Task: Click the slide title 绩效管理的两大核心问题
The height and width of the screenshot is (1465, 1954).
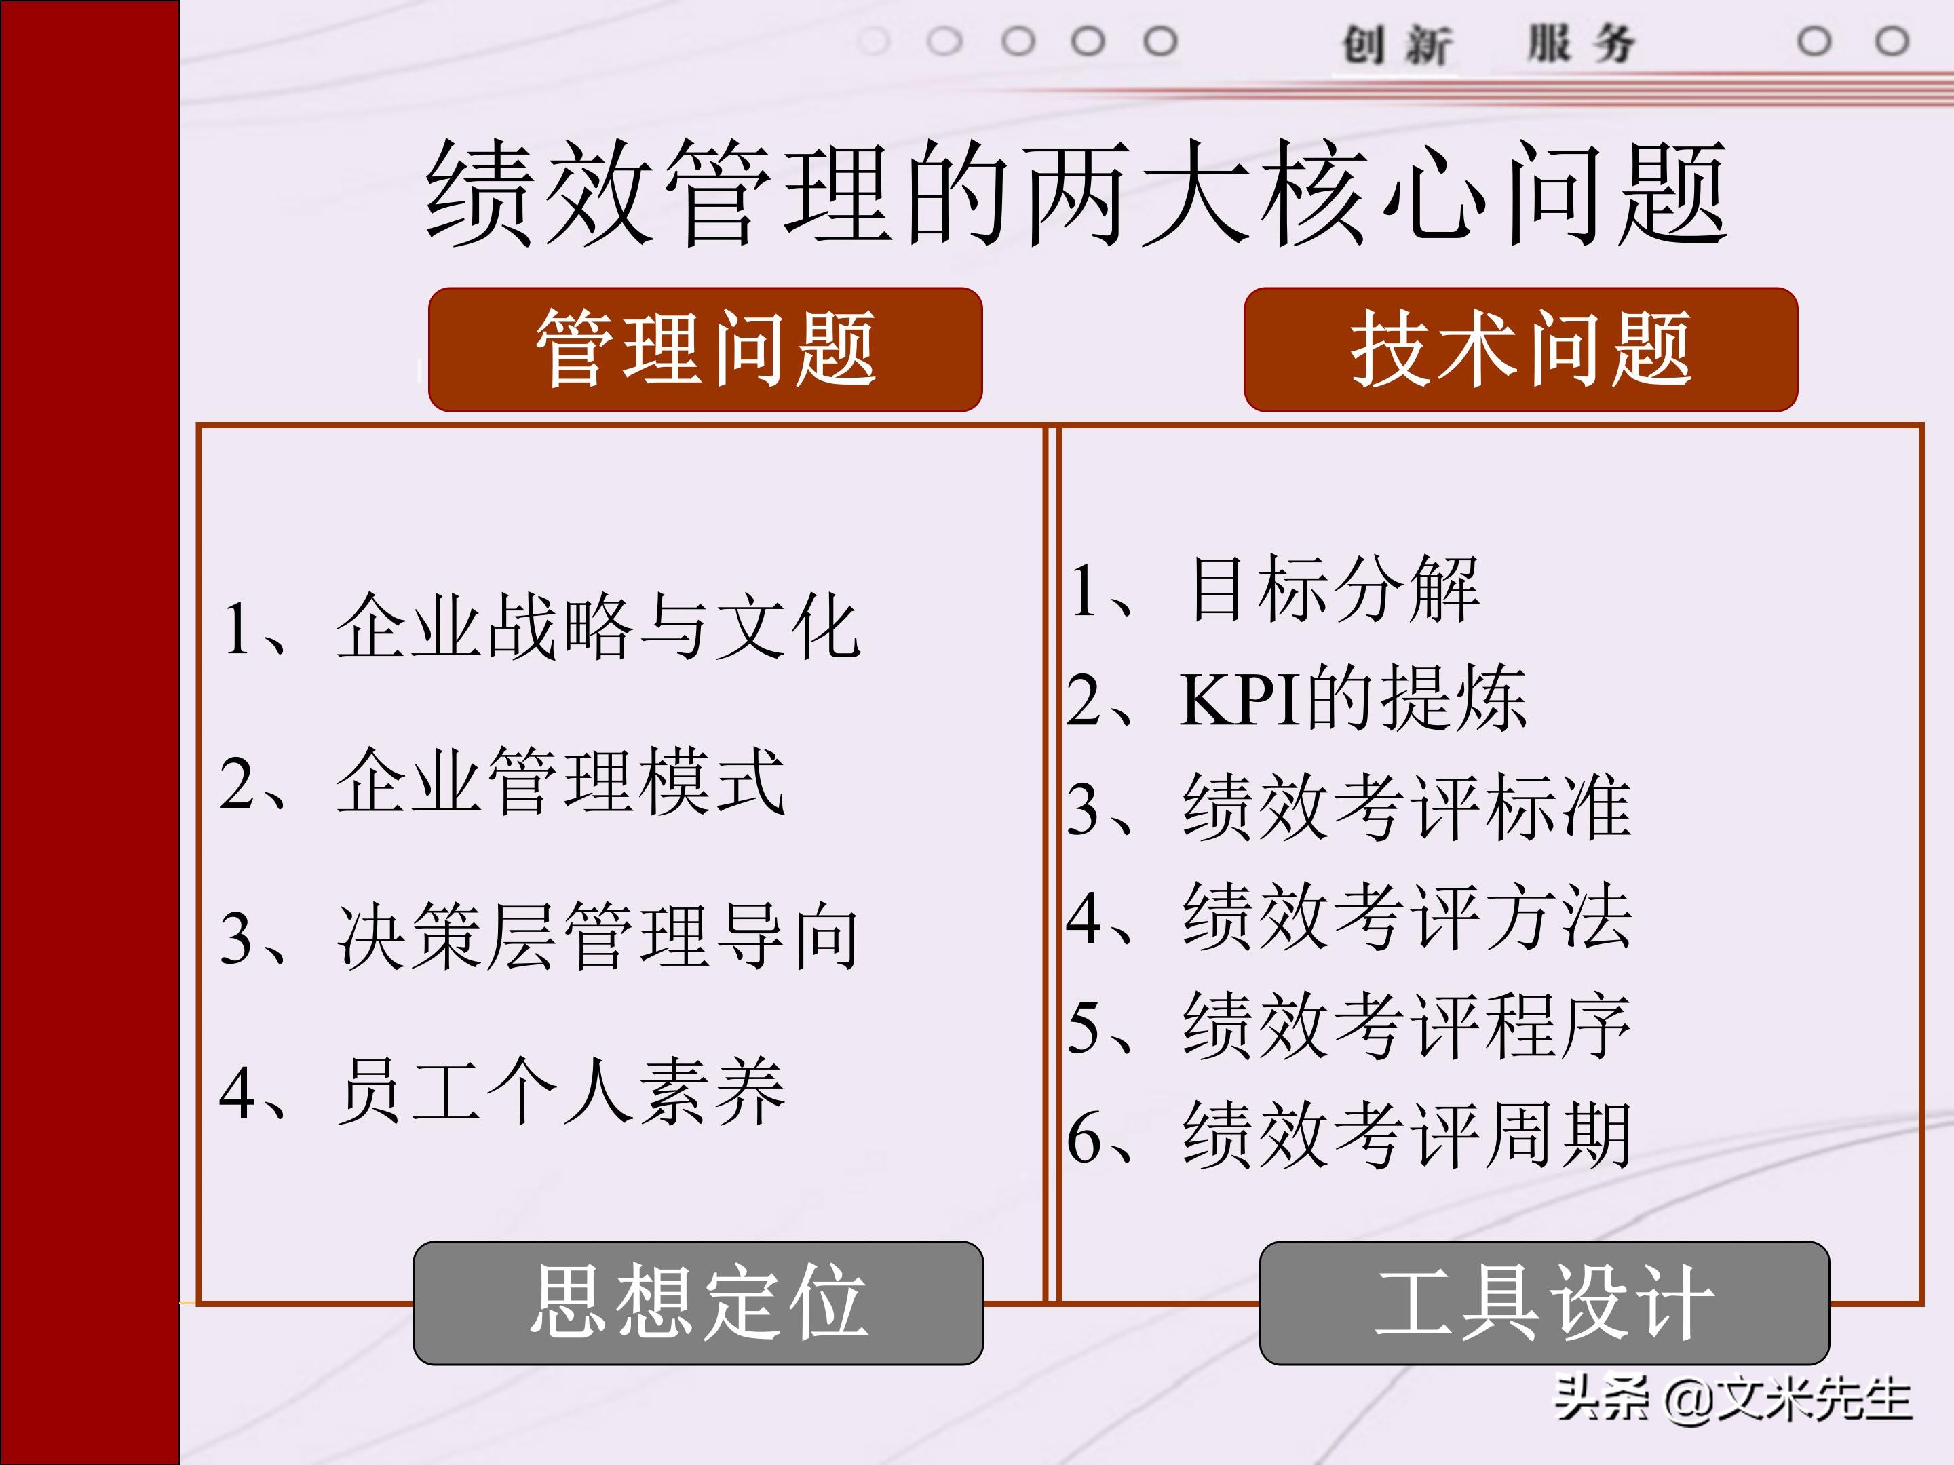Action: pos(1076,193)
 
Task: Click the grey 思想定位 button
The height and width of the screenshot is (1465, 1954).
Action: pos(698,1302)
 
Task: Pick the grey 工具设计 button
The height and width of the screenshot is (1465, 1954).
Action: pos(1544,1302)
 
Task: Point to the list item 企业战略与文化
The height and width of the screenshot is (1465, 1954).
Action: pos(597,627)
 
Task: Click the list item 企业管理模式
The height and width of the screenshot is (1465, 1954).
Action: pos(560,781)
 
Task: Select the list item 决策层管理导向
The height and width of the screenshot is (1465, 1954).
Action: pos(597,936)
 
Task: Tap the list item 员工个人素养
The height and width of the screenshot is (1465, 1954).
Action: pos(560,1091)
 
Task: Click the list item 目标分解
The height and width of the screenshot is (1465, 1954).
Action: pos(1334,588)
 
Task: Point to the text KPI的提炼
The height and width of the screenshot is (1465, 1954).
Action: pos(1352,699)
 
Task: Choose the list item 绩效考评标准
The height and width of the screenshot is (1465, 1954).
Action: pos(1406,806)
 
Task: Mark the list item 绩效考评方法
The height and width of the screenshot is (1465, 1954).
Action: pos(1406,916)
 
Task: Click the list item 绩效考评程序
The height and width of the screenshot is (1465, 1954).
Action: pos(1406,1026)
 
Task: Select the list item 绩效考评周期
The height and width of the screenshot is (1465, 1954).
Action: pos(1406,1135)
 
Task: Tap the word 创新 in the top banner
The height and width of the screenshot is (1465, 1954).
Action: pos(1396,44)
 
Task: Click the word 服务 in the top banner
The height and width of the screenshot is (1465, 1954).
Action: pos(1582,44)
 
